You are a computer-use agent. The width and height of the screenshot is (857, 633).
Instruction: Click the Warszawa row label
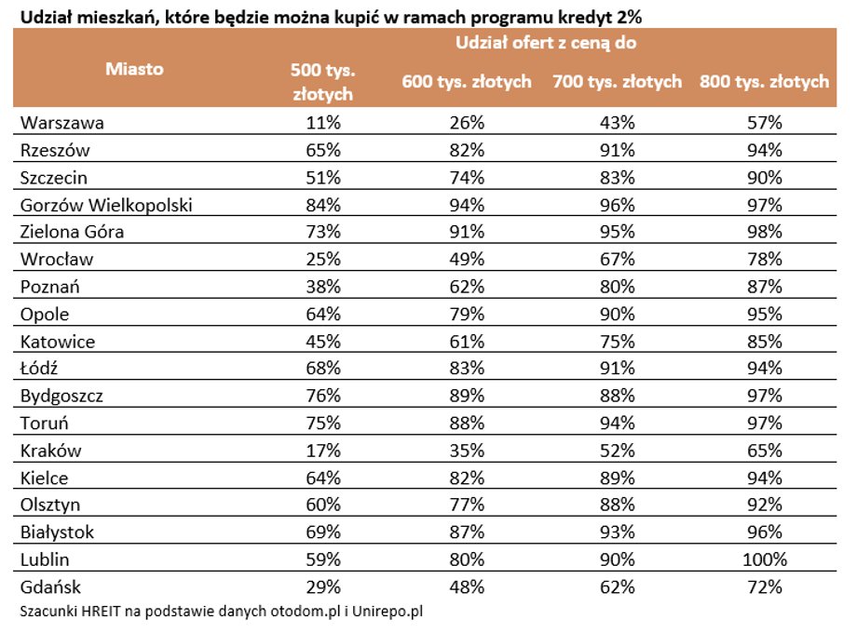click(x=61, y=122)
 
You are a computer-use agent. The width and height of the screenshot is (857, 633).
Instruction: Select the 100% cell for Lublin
click(x=765, y=559)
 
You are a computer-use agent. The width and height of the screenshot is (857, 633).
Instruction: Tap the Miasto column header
click(x=134, y=69)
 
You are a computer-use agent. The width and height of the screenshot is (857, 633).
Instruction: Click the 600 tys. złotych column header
click(x=467, y=81)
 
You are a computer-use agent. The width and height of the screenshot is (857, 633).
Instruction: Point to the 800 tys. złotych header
click(x=764, y=81)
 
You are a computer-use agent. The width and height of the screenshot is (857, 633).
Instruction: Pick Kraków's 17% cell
click(x=323, y=451)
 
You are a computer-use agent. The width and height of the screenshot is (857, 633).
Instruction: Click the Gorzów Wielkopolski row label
click(x=106, y=205)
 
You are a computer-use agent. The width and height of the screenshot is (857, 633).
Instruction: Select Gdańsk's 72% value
click(x=765, y=587)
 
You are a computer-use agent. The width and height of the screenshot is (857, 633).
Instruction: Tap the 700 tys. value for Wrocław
click(x=617, y=259)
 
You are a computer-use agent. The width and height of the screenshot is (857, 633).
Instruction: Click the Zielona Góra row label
click(x=72, y=232)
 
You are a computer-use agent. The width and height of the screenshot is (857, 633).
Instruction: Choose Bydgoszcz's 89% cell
click(x=467, y=396)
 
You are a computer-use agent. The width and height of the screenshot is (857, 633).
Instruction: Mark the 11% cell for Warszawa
click(x=323, y=122)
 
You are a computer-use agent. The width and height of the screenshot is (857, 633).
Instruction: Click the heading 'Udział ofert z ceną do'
click(x=546, y=43)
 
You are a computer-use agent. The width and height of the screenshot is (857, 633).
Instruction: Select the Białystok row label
click(x=57, y=532)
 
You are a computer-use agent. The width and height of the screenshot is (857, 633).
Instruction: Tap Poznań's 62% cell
click(x=467, y=287)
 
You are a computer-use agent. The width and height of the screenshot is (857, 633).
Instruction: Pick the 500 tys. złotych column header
click(x=323, y=82)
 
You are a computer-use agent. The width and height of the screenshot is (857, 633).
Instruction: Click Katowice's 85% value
click(x=765, y=342)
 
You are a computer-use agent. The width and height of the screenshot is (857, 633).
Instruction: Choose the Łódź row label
click(x=39, y=368)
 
